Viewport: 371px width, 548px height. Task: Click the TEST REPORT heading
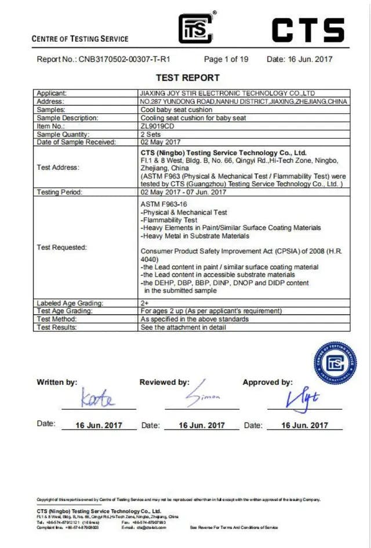coord(187,78)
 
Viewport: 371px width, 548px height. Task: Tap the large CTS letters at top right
coord(308,30)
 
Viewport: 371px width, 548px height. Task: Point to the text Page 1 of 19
coord(226,59)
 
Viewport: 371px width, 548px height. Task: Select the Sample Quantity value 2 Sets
coord(152,134)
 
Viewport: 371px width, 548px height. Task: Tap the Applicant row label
coord(52,93)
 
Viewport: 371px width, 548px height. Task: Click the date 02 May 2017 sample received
coord(161,142)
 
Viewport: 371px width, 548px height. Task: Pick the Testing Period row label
coord(59,192)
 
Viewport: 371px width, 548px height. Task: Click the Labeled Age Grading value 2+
coord(145,303)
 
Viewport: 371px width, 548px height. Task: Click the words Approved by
coord(267,382)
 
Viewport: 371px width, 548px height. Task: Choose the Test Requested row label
coord(61,247)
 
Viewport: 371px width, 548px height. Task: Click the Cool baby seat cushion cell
coord(176,109)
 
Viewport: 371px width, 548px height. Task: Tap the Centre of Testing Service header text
coord(80,39)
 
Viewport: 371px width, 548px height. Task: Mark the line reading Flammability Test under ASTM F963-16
coord(169,220)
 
